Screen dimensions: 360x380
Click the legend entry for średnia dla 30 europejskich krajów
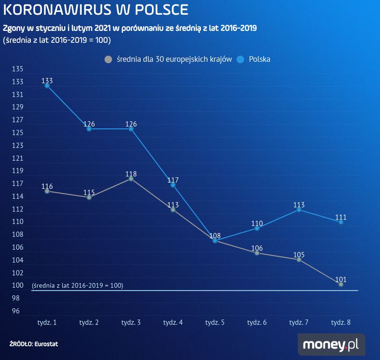click(169, 59)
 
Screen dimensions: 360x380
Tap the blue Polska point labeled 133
click(47, 86)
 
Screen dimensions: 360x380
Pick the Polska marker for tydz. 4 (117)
click(173, 185)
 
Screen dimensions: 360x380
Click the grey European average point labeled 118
click(131, 179)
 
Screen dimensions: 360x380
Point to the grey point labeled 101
click(341, 284)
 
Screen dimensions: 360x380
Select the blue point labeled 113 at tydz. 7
click(299, 210)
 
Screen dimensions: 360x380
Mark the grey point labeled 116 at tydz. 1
click(47, 191)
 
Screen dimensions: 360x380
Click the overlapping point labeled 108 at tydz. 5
click(215, 241)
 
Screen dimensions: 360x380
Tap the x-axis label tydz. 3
click(131, 322)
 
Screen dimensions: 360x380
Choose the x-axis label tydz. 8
click(341, 322)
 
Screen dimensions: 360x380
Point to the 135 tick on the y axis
click(18, 69)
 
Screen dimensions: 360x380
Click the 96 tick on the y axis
click(16, 311)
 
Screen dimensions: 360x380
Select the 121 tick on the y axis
click(18, 158)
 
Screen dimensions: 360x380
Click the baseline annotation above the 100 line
click(77, 286)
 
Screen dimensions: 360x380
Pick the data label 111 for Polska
click(341, 217)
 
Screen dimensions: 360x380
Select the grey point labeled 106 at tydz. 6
click(257, 253)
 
